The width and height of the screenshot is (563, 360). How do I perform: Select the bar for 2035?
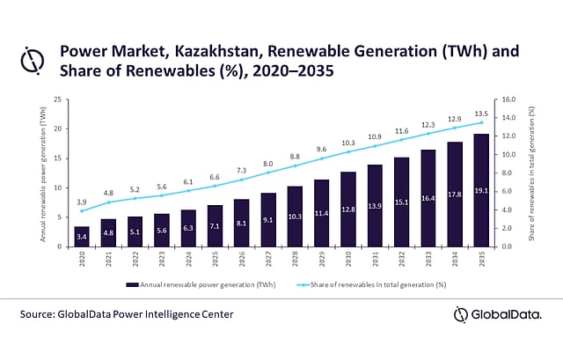click(x=481, y=190)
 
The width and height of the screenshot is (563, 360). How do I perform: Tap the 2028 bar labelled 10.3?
click(x=295, y=217)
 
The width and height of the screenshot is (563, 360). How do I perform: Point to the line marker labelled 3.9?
click(x=82, y=211)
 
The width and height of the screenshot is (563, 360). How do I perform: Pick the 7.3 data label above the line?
click(x=242, y=170)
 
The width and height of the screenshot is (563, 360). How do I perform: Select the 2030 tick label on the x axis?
click(x=348, y=259)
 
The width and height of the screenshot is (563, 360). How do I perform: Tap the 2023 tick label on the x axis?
click(x=162, y=259)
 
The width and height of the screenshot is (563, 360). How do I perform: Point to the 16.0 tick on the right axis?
click(x=508, y=99)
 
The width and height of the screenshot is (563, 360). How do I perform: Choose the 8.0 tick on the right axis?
click(x=508, y=173)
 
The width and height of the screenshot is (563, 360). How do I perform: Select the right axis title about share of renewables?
click(x=531, y=173)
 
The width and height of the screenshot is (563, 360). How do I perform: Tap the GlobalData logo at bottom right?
click(x=497, y=315)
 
